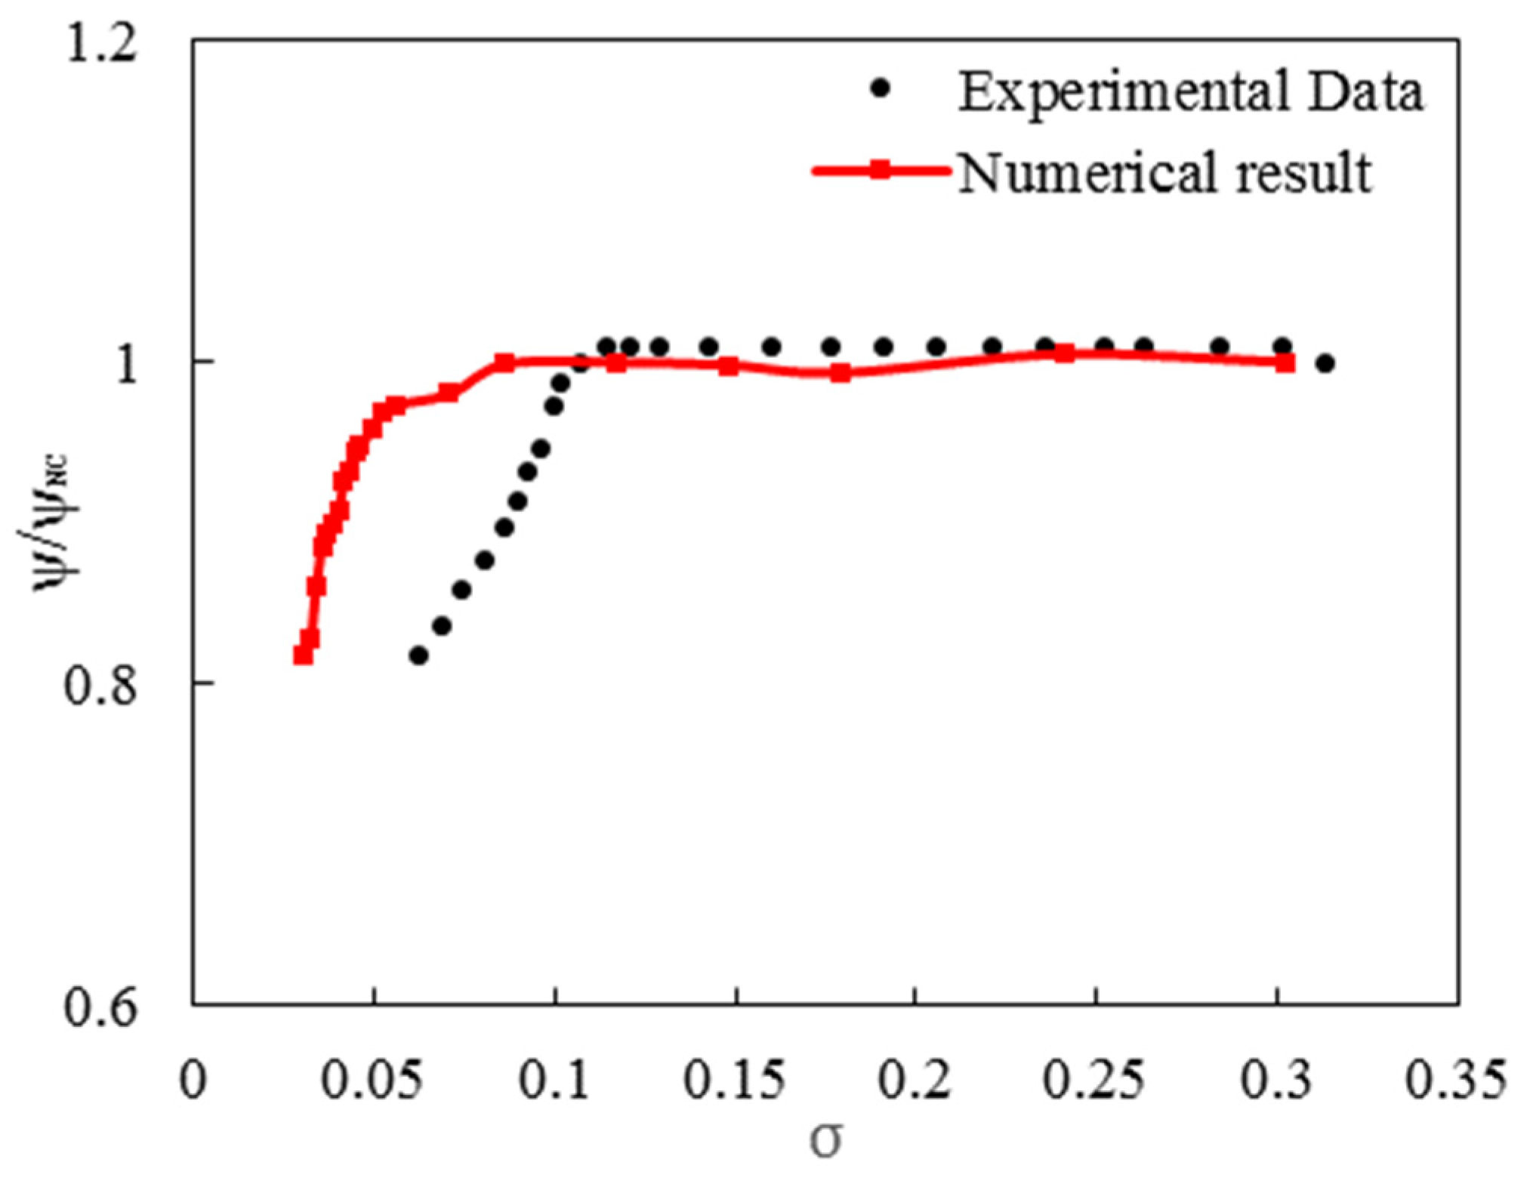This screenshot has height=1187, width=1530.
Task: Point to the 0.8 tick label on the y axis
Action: [101, 684]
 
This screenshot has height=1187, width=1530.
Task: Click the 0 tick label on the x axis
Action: [193, 1080]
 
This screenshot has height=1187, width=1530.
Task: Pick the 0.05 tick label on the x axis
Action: [371, 1080]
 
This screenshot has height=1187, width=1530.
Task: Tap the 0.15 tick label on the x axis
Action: [734, 1080]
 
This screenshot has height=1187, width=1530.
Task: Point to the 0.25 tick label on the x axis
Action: [1094, 1080]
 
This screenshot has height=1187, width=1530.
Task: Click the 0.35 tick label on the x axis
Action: [1454, 1080]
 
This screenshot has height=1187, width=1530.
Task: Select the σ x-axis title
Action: [825, 1139]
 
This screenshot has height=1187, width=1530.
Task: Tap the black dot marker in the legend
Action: [880, 89]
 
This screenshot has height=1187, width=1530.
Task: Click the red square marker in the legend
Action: [880, 171]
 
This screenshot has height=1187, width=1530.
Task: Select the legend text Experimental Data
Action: [1190, 92]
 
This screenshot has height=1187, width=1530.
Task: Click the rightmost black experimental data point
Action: [1325, 363]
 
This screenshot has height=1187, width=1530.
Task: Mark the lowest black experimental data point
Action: [418, 655]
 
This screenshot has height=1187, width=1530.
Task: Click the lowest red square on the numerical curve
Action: [303, 654]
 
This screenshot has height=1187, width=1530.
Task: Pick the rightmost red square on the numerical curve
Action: [1285, 363]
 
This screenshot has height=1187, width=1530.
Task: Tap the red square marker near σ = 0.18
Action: [840, 372]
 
